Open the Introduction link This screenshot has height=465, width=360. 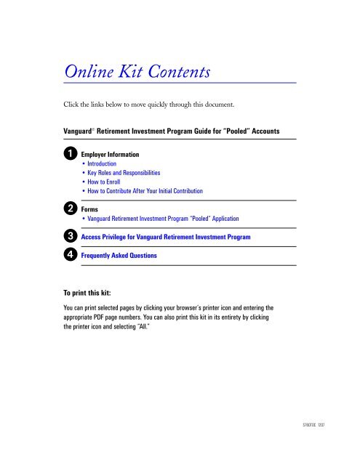(x=110, y=164)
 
